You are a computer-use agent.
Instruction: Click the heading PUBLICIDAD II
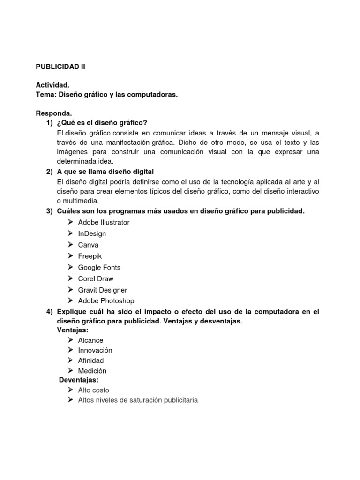tap(60, 67)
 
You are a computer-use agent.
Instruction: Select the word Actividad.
tap(52, 85)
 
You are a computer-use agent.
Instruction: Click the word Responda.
tap(54, 113)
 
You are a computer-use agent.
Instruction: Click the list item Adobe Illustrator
tap(104, 222)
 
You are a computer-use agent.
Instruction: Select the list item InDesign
tap(92, 233)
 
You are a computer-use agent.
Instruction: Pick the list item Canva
tap(88, 245)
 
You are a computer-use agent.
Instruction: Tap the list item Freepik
tap(90, 256)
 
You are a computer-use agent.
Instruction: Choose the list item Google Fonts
tap(99, 267)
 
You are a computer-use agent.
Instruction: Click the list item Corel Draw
tap(96, 278)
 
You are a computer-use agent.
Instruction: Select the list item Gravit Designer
tap(102, 290)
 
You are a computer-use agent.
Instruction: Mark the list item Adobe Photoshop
tap(106, 301)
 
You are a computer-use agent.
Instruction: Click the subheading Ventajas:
tap(73, 330)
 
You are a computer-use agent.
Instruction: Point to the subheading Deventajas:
tap(79, 380)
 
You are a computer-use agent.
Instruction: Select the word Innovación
tap(95, 350)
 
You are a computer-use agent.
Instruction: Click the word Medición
tap(92, 371)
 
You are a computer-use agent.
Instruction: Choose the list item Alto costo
tap(93, 390)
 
